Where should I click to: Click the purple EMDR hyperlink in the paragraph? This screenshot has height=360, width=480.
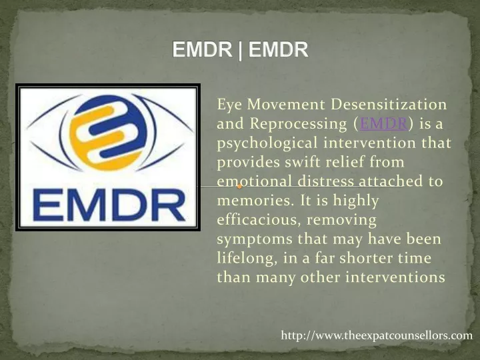point(375,124)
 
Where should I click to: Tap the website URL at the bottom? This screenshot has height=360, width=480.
point(377,335)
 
